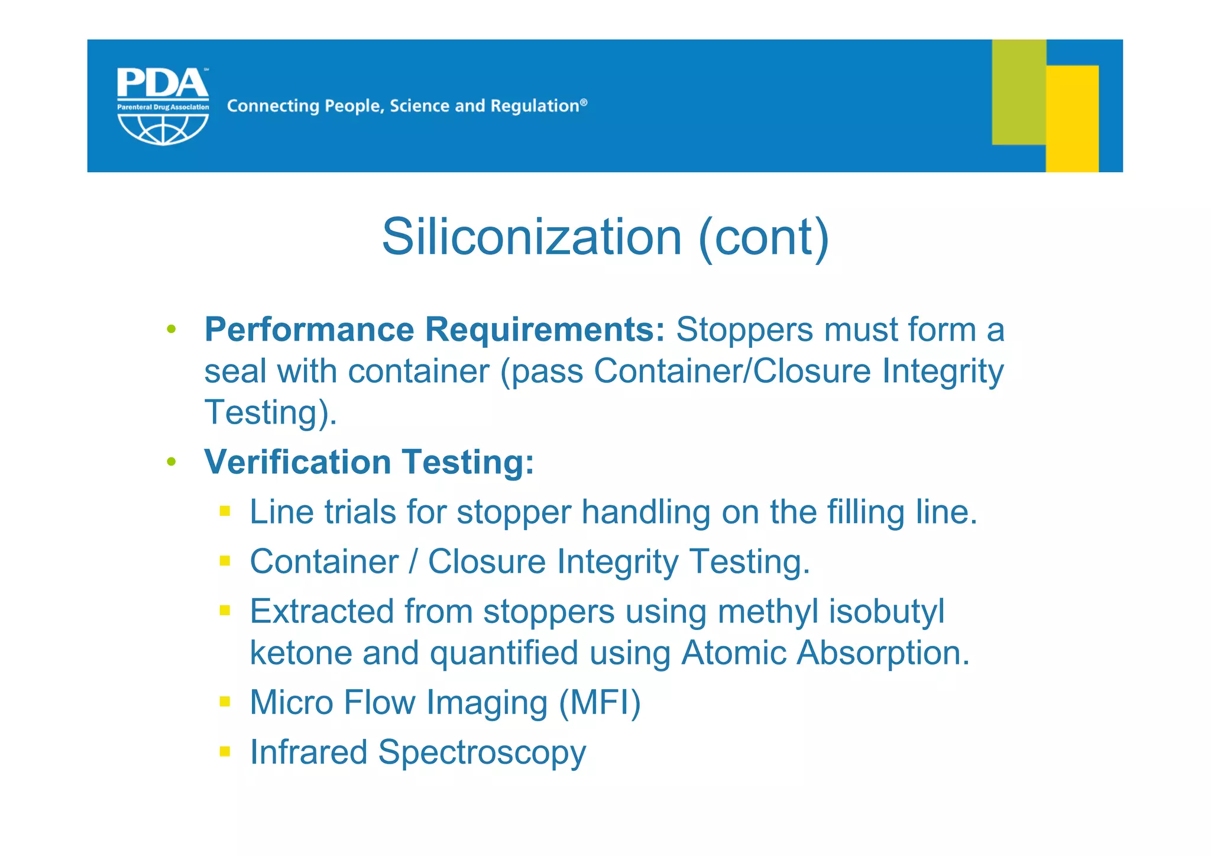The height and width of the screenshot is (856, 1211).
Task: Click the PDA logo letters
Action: [x=162, y=84]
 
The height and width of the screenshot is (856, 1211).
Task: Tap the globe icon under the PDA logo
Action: [x=163, y=129]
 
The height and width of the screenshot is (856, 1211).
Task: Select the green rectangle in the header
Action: [x=1018, y=92]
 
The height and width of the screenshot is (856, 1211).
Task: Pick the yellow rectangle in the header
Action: [x=1072, y=118]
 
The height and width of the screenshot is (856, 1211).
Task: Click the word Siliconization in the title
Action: [x=532, y=237]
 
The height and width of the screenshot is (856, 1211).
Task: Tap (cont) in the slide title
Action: [x=764, y=237]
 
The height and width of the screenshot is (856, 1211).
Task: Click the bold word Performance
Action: [x=309, y=330]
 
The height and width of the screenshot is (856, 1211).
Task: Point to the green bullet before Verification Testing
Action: [x=171, y=461]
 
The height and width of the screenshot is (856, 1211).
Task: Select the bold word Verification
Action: [x=297, y=462]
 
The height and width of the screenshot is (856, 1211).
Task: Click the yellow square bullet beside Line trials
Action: [x=225, y=511]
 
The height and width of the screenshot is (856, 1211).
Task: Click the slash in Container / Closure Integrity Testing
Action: [x=413, y=561]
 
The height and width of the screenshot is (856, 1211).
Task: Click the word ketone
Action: [x=300, y=653]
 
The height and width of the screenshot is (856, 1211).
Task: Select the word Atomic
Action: [x=733, y=653]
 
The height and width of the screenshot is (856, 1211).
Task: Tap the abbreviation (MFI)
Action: [x=600, y=703]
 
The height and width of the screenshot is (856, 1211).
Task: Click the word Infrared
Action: [x=308, y=752]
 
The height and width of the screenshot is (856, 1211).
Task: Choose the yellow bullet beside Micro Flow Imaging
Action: [x=225, y=702]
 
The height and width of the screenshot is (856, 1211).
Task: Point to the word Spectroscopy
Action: [x=482, y=753]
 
